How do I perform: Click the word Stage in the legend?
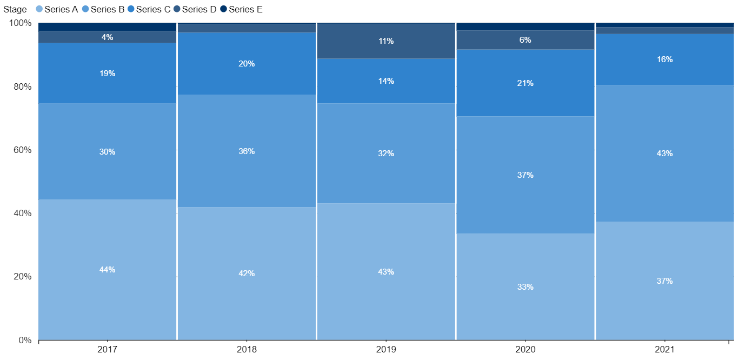coord(15,9)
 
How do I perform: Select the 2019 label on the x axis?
coord(386,350)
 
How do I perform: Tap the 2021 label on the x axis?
coord(664,350)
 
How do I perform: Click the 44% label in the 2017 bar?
coord(107,270)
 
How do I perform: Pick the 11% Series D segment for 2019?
coord(386,41)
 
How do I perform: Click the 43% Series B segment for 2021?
coord(664,154)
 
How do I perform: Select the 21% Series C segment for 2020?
coord(525,83)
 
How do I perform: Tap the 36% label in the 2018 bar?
coord(247,151)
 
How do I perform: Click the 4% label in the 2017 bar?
coord(107,37)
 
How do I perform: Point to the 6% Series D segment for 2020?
coord(525,40)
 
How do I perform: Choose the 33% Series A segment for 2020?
coord(525,286)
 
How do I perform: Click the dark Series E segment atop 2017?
coord(107,27)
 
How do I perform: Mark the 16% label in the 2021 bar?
coord(664,59)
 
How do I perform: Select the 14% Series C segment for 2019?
coord(386,81)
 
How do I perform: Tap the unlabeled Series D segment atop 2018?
coord(247,28)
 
